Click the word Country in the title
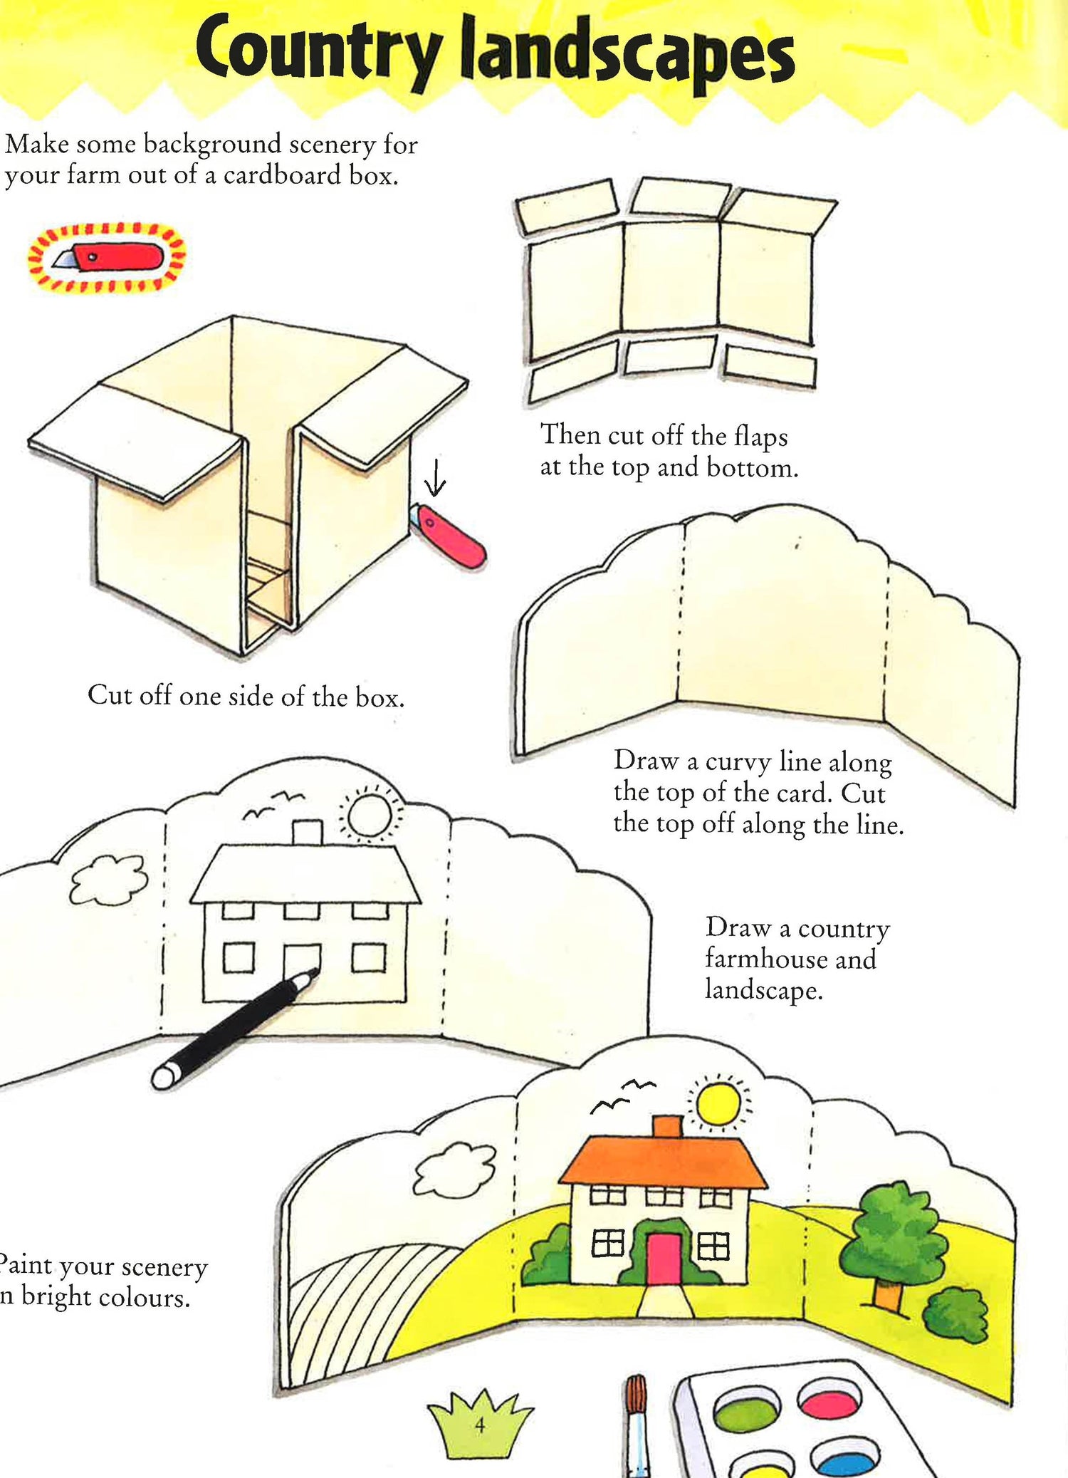click(318, 51)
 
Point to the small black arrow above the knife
click(435, 477)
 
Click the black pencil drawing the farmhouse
click(235, 1026)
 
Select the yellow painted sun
click(719, 1103)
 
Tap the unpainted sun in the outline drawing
click(370, 815)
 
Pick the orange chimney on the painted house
click(668, 1126)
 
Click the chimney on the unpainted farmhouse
click(308, 832)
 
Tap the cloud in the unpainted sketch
click(110, 880)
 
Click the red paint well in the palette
click(830, 1397)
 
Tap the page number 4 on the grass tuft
click(480, 1425)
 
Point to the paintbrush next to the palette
click(637, 1425)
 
